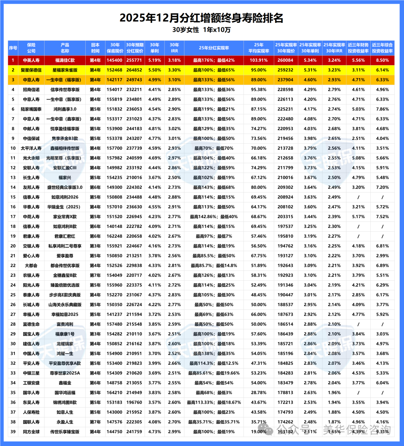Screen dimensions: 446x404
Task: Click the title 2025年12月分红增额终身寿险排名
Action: [202, 18]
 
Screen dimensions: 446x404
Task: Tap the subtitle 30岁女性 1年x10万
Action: [202, 30]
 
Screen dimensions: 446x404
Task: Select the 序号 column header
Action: [13, 48]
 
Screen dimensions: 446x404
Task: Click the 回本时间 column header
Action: [95, 48]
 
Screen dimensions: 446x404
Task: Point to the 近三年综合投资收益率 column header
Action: [382, 48]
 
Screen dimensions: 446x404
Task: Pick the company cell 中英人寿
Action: [31, 60]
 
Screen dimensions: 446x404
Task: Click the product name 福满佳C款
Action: [65, 60]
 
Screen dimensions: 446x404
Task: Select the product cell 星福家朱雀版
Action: [65, 70]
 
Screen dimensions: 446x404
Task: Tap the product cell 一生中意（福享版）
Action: [65, 80]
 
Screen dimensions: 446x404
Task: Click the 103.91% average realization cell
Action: [258, 60]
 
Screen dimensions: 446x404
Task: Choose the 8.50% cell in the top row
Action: [382, 60]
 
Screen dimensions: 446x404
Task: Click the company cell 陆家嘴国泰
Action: [31, 109]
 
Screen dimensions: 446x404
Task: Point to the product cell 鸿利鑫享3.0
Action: [65, 109]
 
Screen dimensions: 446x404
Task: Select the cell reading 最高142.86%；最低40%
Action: [214, 217]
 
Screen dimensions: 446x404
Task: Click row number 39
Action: [13, 432]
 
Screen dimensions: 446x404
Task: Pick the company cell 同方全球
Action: [31, 432]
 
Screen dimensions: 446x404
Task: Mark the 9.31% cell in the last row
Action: [382, 432]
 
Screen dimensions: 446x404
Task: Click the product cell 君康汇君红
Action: [65, 236]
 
